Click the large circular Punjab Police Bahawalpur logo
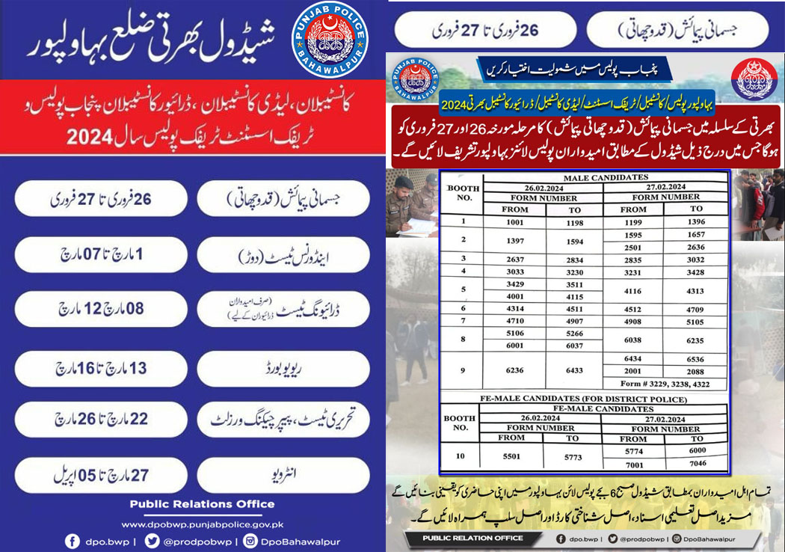[329, 41]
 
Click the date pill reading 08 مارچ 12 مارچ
[102, 309]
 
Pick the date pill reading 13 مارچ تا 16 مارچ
[102, 368]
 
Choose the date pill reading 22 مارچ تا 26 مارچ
[102, 420]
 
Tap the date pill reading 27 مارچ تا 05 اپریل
[102, 474]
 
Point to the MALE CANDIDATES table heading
[606, 177]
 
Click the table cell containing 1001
[516, 221]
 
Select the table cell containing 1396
[696, 221]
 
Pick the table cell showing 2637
[516, 258]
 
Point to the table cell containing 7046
[696, 464]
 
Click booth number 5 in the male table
[464, 289]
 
